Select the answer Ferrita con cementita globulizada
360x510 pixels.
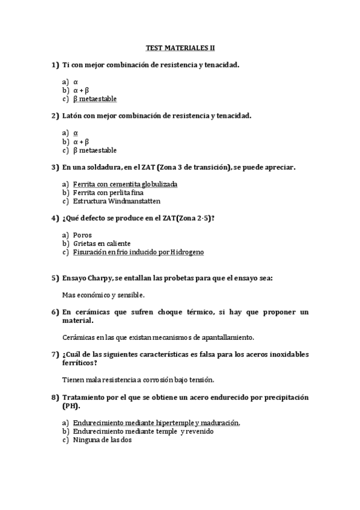(x=125, y=184)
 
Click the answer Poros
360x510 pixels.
(x=82, y=235)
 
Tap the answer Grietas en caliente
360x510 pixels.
(x=102, y=244)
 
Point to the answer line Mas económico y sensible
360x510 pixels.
(x=103, y=295)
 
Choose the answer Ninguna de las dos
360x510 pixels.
(x=102, y=440)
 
